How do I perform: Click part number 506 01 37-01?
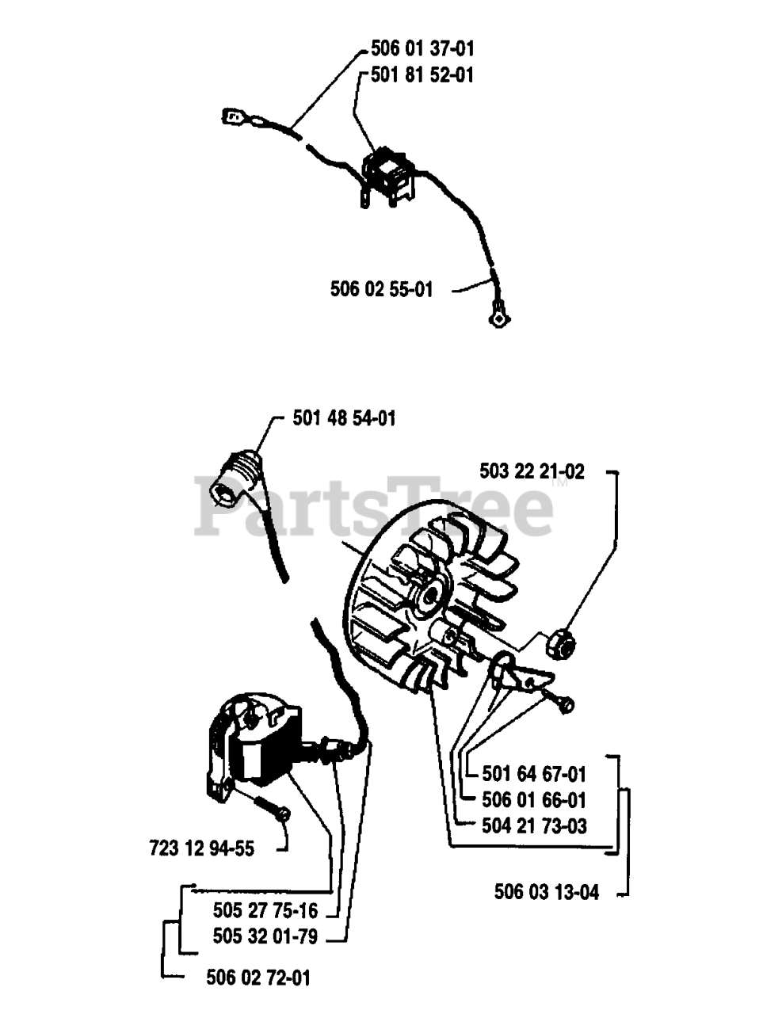point(422,49)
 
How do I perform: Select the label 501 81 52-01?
point(422,75)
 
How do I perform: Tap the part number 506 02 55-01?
point(382,289)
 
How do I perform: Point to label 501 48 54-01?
point(344,417)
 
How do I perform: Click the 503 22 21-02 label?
point(532,471)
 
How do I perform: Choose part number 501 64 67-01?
point(534,774)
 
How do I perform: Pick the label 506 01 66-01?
point(534,800)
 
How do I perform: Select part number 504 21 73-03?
point(534,826)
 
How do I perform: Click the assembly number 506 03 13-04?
point(547,892)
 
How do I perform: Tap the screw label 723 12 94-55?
point(201,848)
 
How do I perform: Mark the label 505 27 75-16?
point(265,910)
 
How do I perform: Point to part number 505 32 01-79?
point(265,936)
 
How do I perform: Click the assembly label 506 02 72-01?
point(258,978)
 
